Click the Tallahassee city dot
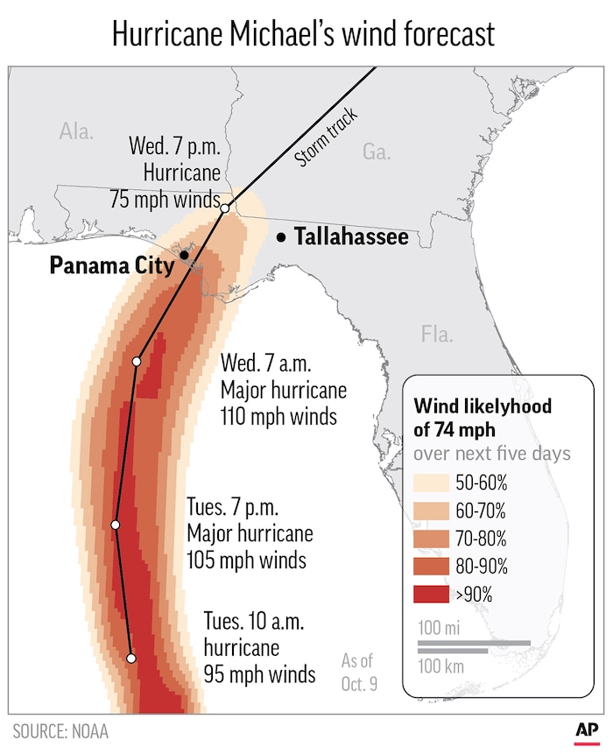(281, 237)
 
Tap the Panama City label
(111, 265)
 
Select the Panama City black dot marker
(184, 255)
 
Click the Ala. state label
(76, 132)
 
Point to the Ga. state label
(376, 152)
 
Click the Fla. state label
(435, 334)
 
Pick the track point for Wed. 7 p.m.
(225, 208)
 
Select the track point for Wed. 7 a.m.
(137, 361)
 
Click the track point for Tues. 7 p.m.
(115, 525)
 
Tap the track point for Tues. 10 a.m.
(131, 658)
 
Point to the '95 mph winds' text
(259, 674)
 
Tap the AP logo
(585, 731)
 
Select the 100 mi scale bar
(474, 644)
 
